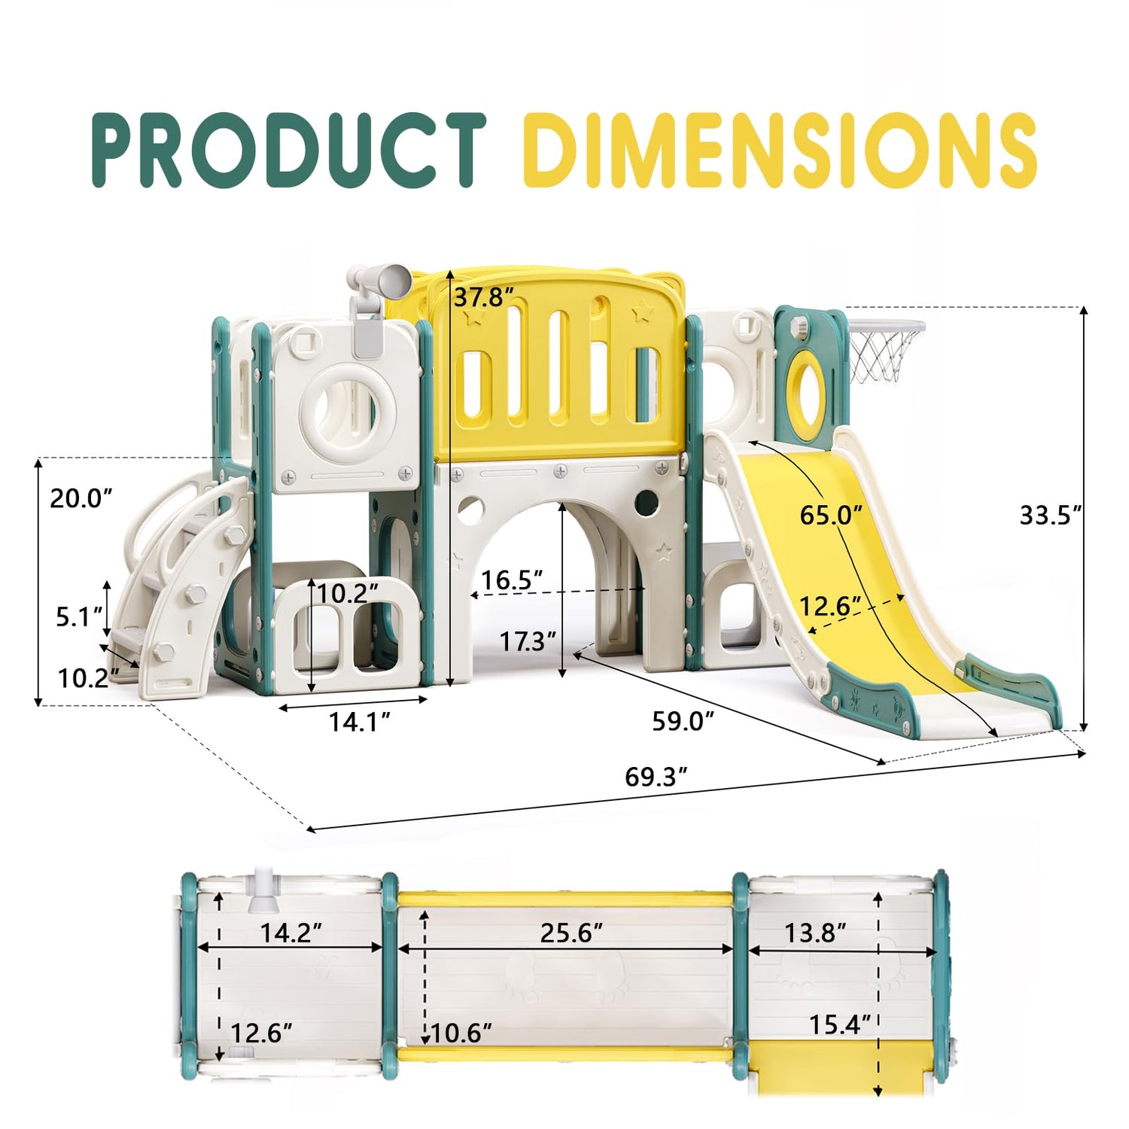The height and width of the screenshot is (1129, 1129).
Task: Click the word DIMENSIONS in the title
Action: click(x=781, y=150)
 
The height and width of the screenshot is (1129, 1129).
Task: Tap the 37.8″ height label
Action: click(x=484, y=298)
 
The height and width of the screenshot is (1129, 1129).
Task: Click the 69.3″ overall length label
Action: click(x=656, y=776)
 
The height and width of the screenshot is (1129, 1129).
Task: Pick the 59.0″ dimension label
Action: click(x=683, y=720)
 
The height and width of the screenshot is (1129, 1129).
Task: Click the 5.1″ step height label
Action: click(x=79, y=617)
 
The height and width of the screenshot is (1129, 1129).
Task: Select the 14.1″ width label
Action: click(x=359, y=721)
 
